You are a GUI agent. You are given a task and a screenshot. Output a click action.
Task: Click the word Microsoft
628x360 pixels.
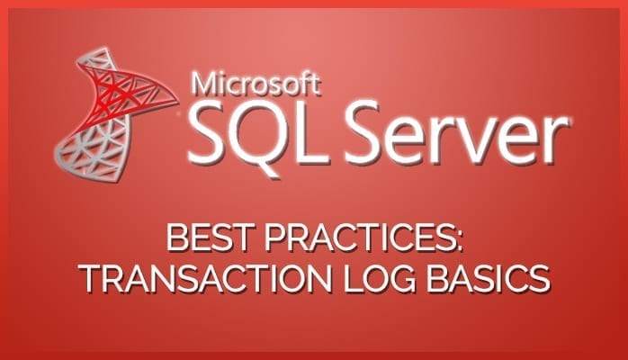click(x=256, y=83)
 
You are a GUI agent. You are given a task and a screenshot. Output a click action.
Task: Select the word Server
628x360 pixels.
click(x=457, y=133)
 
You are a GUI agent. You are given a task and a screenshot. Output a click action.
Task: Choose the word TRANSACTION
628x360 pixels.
click(x=205, y=278)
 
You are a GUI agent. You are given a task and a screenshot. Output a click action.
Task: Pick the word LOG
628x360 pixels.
click(x=380, y=278)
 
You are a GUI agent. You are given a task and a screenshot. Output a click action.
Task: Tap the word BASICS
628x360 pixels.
click(x=488, y=278)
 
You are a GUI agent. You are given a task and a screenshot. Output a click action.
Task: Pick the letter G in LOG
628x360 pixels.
click(x=402, y=278)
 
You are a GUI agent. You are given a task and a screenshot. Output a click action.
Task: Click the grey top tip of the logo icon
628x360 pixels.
click(x=105, y=49)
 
